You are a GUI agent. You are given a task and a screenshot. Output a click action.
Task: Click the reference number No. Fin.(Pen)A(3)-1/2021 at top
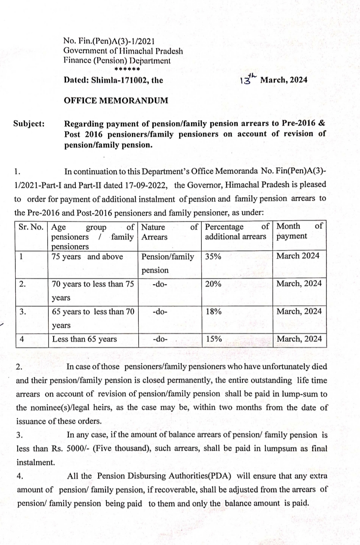point(109,41)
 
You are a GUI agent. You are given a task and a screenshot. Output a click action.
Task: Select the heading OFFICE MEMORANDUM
point(116,100)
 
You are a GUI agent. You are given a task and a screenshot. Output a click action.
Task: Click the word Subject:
point(29,124)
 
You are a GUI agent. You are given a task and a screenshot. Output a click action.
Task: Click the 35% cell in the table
point(213,257)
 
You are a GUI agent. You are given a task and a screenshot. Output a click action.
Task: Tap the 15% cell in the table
point(214,339)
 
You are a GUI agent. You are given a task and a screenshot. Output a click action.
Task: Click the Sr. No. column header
point(31,227)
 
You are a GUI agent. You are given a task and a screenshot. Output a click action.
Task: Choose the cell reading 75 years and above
point(87,257)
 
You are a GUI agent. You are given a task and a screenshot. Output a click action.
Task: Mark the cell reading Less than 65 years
point(85,339)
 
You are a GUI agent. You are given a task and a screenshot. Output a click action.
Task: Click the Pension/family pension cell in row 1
point(167,263)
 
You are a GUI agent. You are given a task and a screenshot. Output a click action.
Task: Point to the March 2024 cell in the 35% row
point(298,256)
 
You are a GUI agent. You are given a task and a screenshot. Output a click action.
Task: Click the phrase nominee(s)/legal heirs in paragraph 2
point(71,408)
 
